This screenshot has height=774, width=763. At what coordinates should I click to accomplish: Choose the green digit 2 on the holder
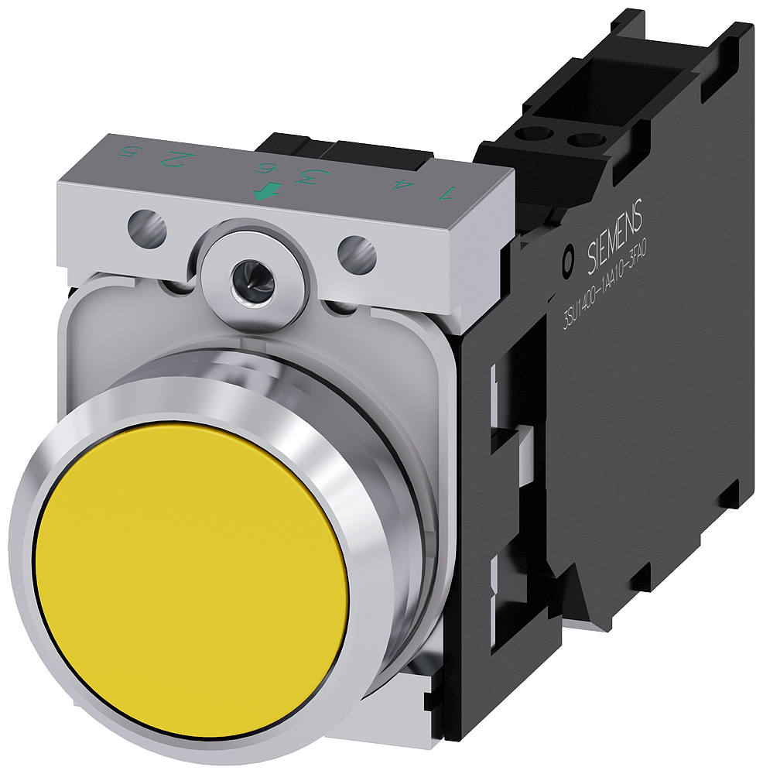[x=179, y=160]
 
